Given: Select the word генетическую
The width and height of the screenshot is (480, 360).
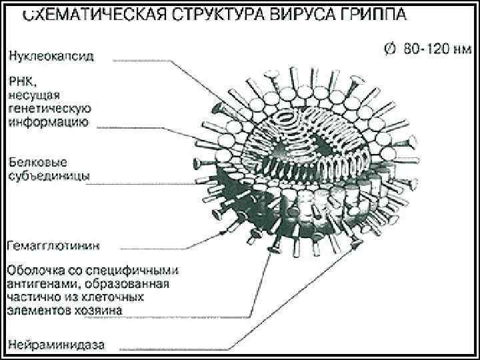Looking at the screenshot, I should (x=50, y=108).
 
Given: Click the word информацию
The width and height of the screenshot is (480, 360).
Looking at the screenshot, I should (x=49, y=122).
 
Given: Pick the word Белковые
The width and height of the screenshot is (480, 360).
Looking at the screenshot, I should (x=38, y=162).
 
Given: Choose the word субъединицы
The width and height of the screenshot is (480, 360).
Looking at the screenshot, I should (x=49, y=177).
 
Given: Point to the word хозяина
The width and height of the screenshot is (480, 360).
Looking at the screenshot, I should (x=98, y=311).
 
